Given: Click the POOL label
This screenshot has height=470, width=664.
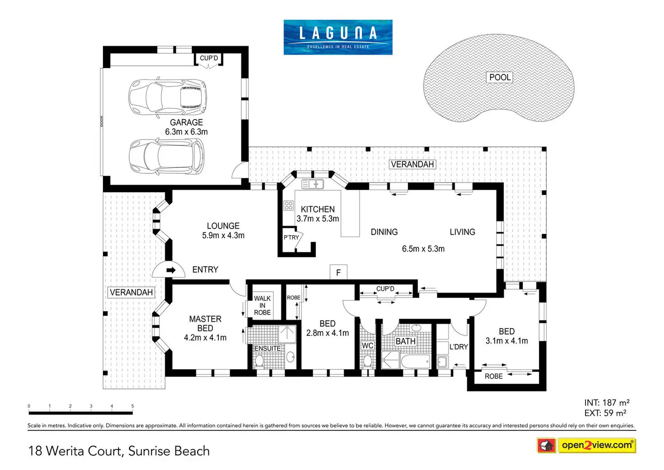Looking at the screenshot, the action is pyautogui.click(x=500, y=78).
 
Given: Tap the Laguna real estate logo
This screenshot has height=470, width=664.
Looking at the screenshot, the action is pyautogui.click(x=338, y=37).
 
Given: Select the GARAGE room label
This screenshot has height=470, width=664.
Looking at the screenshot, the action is pyautogui.click(x=186, y=122).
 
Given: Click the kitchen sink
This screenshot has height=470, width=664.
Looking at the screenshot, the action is pyautogui.click(x=313, y=184).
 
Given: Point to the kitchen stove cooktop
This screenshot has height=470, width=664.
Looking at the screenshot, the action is pyautogui.click(x=288, y=205).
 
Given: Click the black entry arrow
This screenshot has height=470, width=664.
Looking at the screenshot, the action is pyautogui.click(x=171, y=270).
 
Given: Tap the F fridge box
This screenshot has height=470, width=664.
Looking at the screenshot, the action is pyautogui.click(x=338, y=272).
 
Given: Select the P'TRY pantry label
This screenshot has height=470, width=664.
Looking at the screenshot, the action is pyautogui.click(x=291, y=237).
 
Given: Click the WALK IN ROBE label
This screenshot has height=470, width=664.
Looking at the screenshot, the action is pyautogui.click(x=263, y=305).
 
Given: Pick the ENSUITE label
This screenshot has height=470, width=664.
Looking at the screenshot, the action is pyautogui.click(x=267, y=349).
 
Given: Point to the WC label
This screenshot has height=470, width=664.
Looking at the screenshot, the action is pyautogui.click(x=368, y=346).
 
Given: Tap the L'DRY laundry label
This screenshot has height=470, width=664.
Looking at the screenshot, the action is pyautogui.click(x=459, y=347).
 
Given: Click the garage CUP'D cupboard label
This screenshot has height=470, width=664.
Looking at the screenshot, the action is pyautogui.click(x=209, y=58).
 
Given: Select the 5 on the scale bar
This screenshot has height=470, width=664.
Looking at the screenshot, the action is pyautogui.click(x=133, y=406).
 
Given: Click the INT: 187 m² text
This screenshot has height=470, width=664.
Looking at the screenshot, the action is pyautogui.click(x=607, y=403).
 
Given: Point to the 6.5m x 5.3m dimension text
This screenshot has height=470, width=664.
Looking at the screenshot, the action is pyautogui.click(x=423, y=249).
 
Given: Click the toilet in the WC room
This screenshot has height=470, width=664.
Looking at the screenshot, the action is pyautogui.click(x=368, y=361).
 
